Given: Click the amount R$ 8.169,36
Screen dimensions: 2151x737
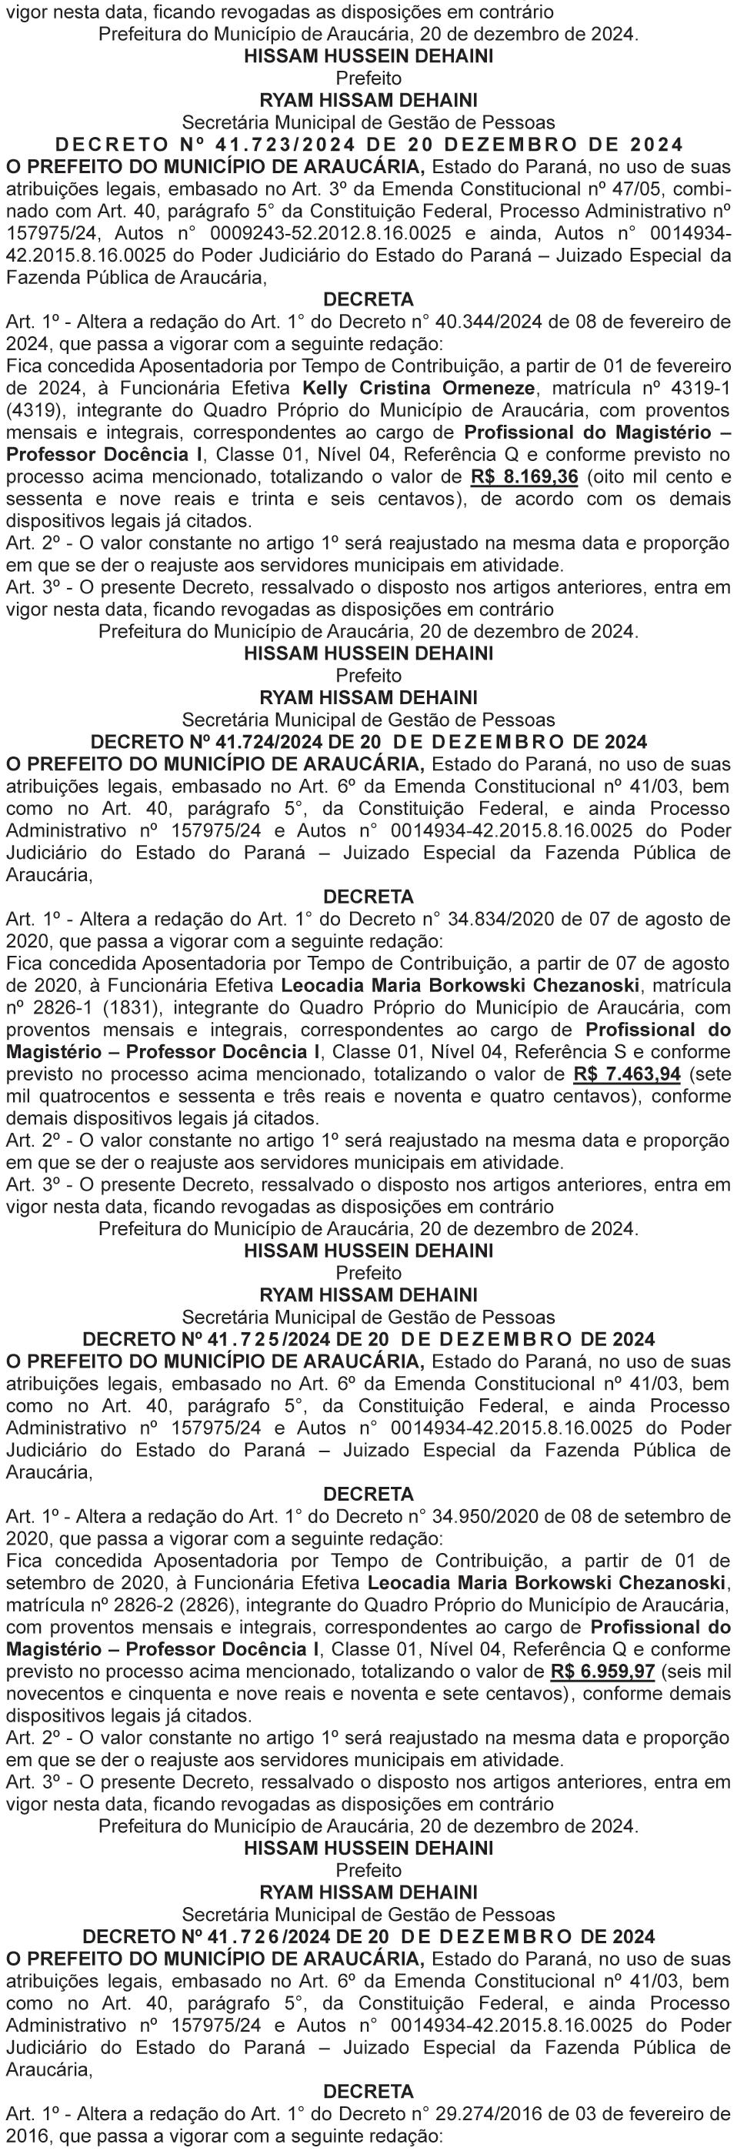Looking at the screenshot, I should click(524, 478).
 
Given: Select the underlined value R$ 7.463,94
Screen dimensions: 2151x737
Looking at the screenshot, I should click(627, 1074).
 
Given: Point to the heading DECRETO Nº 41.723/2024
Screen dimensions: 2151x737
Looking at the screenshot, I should click(368, 145).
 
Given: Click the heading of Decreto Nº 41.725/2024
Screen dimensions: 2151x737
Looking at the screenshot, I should click(368, 1339).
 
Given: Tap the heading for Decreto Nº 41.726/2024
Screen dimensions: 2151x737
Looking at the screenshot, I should click(368, 1936).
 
